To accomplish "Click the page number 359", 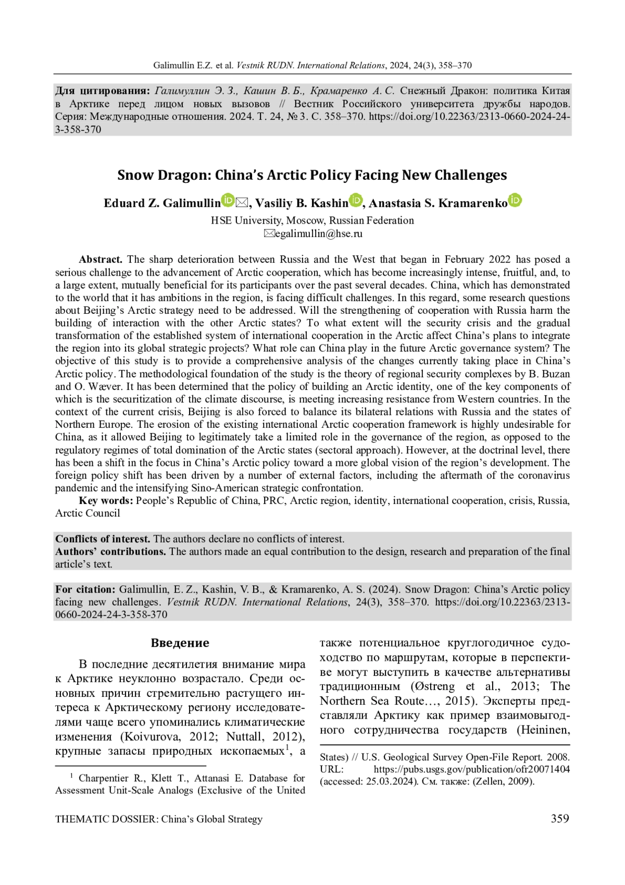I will point(560,819).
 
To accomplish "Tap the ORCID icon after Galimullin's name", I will point(228,200).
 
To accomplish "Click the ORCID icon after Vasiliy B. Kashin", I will point(356,200).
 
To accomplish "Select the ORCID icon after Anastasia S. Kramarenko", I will point(515,200).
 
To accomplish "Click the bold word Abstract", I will point(101,260).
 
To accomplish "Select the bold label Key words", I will point(106,501).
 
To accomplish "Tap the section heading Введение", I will point(180,643).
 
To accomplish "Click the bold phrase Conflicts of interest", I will point(103,539).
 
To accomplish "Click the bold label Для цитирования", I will point(103,91).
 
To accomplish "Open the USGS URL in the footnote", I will point(471,769).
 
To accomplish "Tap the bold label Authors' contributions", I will point(110,551).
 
